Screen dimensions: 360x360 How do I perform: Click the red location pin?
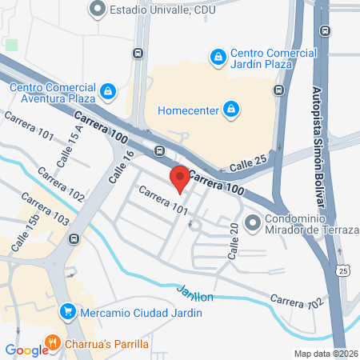[179, 178]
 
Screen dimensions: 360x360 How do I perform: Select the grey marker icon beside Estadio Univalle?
[98, 10]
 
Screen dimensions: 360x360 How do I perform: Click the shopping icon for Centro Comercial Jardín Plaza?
[218, 58]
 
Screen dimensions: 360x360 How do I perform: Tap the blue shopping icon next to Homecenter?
[230, 108]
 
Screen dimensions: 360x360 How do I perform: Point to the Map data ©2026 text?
[326, 354]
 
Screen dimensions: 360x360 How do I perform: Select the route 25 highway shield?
[343, 272]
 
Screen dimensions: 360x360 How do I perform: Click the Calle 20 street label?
[234, 240]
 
